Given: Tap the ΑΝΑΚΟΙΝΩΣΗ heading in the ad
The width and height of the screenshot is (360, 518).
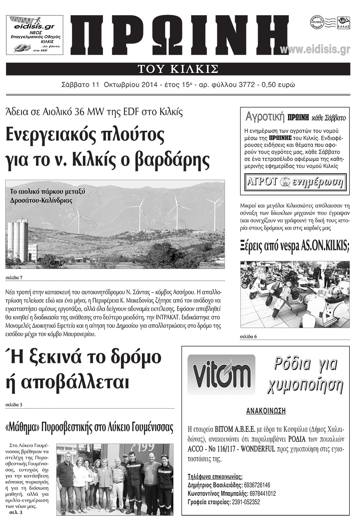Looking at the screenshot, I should pos(265,411).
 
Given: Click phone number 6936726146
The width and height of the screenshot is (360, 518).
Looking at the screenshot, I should pos(257,485).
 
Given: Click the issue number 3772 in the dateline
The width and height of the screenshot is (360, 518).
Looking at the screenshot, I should pos(246,85).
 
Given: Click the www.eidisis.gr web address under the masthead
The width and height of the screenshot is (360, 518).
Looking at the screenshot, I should pos(315,50).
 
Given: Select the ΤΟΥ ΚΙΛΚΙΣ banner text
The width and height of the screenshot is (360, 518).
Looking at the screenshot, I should pos(178,69).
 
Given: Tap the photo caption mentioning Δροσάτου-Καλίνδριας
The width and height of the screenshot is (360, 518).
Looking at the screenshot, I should pos(47,196).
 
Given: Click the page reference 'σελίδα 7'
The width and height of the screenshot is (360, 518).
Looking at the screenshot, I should pos(14,278).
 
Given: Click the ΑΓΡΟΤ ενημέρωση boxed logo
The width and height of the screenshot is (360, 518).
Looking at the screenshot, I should pos(295,182).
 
